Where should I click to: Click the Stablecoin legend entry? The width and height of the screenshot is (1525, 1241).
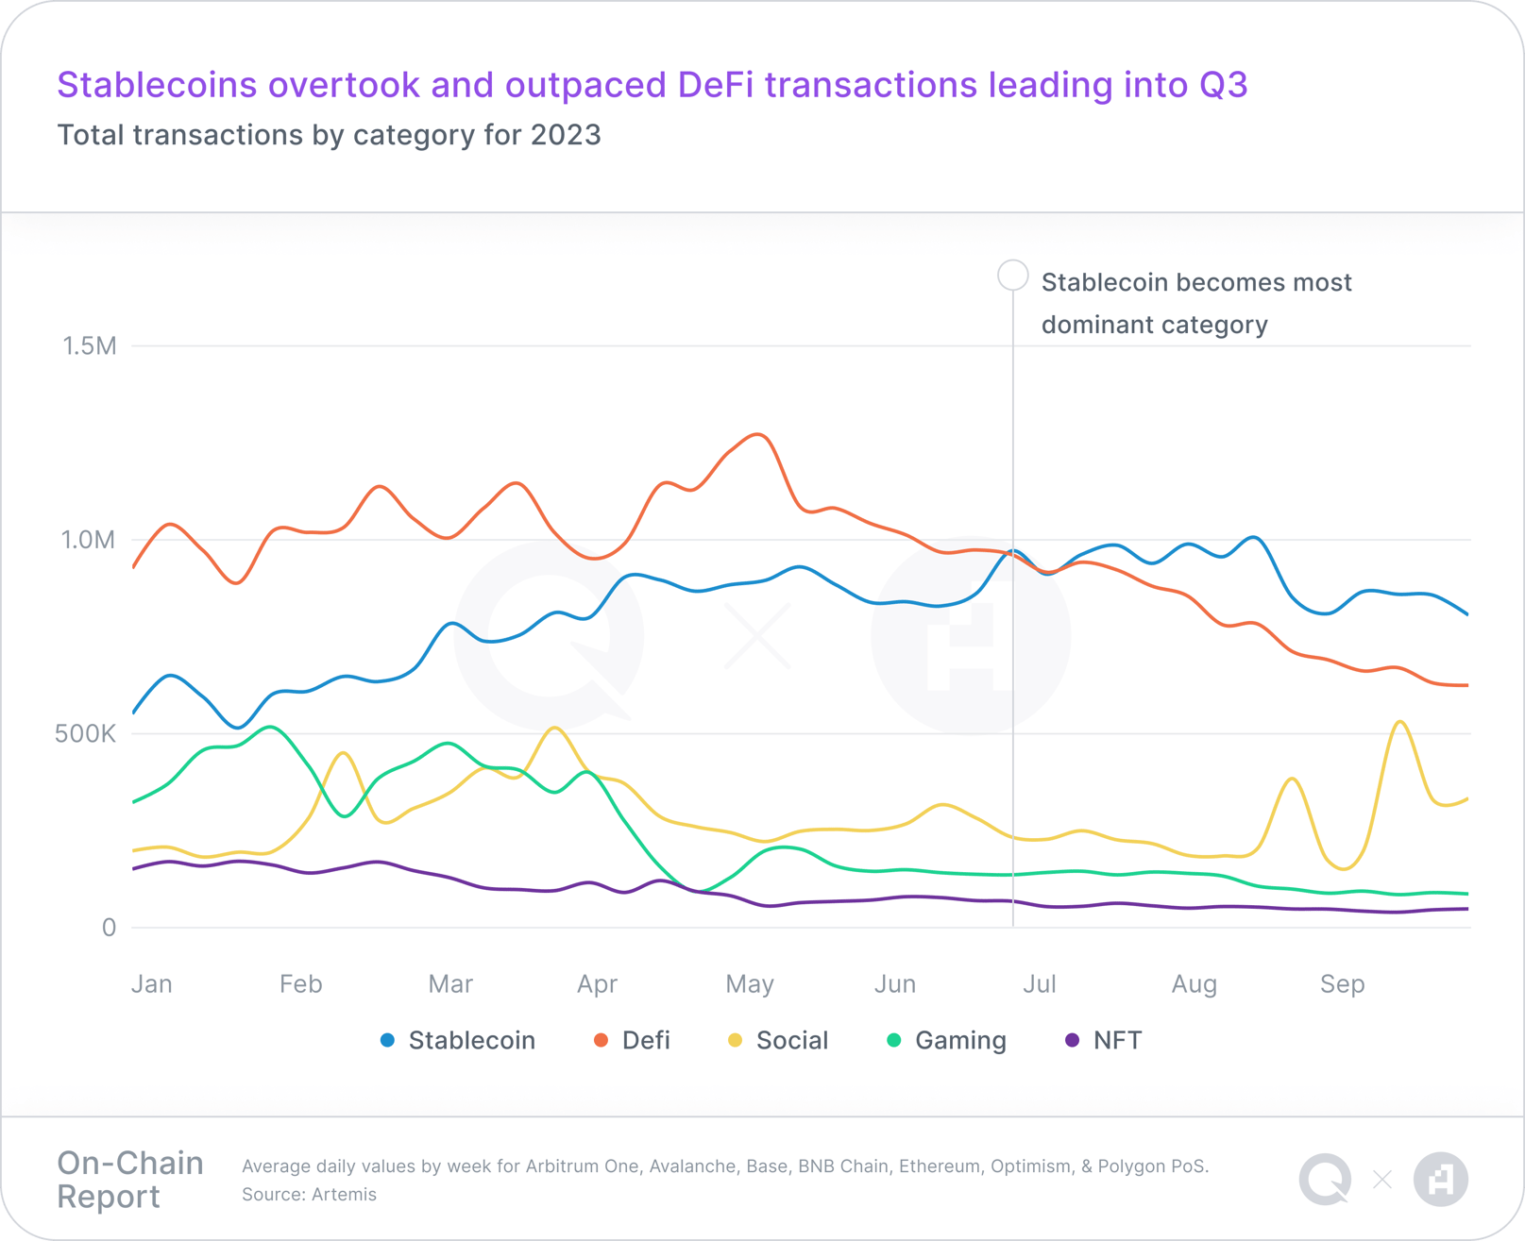click(x=458, y=1040)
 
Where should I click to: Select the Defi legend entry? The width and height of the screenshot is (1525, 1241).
click(x=632, y=1040)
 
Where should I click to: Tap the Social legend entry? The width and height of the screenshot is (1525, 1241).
click(x=778, y=1040)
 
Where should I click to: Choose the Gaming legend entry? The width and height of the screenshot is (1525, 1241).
click(x=947, y=1040)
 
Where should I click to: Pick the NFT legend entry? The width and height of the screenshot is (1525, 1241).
click(x=1104, y=1040)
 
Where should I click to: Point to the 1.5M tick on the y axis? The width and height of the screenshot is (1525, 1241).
click(x=90, y=346)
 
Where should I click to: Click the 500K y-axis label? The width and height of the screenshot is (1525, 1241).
click(x=85, y=734)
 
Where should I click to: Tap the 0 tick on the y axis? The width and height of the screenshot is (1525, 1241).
click(x=109, y=928)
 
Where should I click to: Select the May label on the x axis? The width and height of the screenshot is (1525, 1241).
click(x=750, y=984)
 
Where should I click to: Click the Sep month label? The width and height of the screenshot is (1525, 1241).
click(x=1342, y=984)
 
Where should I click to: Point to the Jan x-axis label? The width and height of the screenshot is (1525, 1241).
click(x=152, y=984)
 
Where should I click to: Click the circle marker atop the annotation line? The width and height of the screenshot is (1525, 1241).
click(x=1012, y=276)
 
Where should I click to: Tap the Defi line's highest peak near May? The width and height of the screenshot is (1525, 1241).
click(x=758, y=434)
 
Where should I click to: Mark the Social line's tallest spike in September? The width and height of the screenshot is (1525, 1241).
click(x=1400, y=722)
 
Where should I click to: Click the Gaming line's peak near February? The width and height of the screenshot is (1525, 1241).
click(x=271, y=727)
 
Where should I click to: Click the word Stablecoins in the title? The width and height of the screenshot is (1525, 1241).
click(x=157, y=85)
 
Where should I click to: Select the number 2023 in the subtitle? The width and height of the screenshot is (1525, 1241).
click(x=566, y=135)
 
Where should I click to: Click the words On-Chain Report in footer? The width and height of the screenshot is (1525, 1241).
click(x=129, y=1180)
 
